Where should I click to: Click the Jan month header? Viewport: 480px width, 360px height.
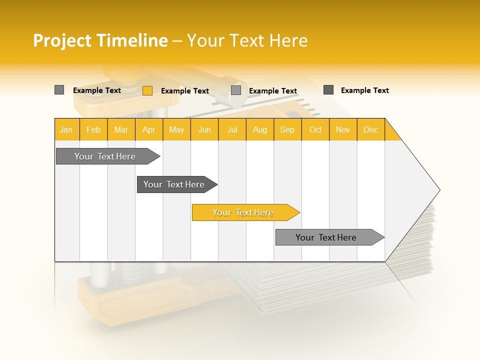click(x=66, y=129)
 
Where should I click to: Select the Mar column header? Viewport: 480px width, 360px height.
click(x=121, y=129)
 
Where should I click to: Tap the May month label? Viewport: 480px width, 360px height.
click(x=176, y=129)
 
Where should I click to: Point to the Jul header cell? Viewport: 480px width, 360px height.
click(x=232, y=129)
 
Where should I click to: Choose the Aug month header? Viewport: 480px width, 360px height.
click(x=259, y=129)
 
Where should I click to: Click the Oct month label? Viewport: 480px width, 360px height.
click(x=315, y=129)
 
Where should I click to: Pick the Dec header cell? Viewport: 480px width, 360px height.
click(x=370, y=129)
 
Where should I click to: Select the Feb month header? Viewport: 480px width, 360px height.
click(x=93, y=129)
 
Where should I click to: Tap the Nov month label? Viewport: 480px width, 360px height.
click(x=343, y=129)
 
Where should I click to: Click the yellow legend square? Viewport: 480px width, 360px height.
click(x=147, y=90)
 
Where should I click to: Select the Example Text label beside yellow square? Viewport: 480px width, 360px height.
click(x=184, y=90)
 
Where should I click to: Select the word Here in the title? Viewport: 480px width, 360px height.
click(x=288, y=40)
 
